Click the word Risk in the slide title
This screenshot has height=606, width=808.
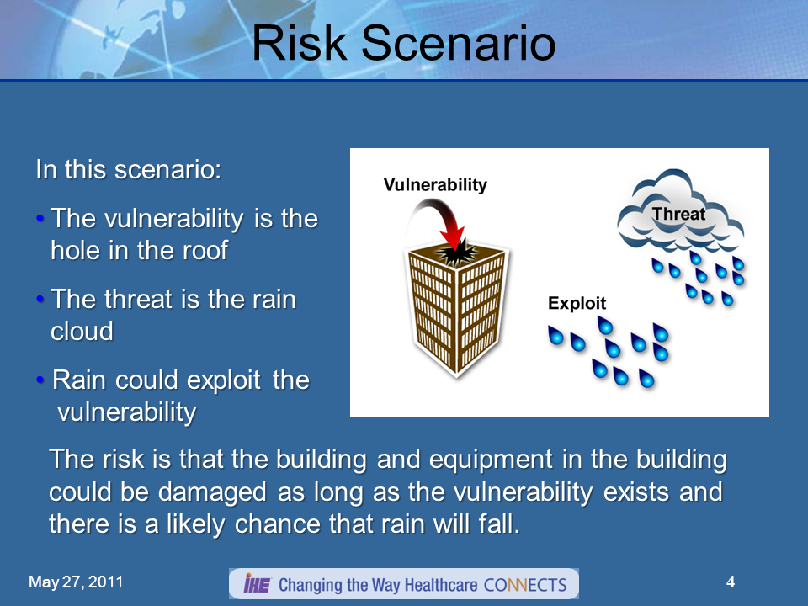point(300,43)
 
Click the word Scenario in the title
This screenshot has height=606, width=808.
point(459,43)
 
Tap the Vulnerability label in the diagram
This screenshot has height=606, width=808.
point(435,184)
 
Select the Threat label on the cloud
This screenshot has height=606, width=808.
point(678,213)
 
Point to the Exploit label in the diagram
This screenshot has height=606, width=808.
point(577,302)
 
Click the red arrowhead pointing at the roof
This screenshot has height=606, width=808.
point(453,237)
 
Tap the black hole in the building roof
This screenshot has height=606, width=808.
point(456,253)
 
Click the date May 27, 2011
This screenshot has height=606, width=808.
point(76,582)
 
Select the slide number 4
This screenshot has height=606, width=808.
point(731,582)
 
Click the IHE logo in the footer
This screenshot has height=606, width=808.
point(258,584)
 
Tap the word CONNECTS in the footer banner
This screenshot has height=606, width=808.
point(525,585)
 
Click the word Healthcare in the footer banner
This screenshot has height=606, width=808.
point(441,585)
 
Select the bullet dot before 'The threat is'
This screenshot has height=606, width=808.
point(40,299)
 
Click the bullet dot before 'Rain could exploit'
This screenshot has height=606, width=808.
point(40,380)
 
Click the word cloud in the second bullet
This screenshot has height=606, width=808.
point(82,331)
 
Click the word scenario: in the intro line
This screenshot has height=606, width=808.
point(168,169)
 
